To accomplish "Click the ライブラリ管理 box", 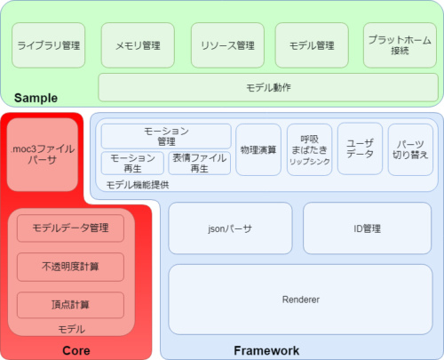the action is click(x=49, y=45).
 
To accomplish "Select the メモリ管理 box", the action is click(x=138, y=45).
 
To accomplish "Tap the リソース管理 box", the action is click(x=227, y=45).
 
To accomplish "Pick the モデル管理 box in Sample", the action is click(x=312, y=45).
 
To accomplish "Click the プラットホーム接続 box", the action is click(x=400, y=45).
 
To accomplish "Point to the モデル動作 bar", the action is click(x=268, y=87).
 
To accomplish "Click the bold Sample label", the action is click(x=36, y=98).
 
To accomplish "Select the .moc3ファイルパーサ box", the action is click(x=43, y=155).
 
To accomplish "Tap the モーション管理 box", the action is click(x=166, y=136).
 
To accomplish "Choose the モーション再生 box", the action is click(x=132, y=164).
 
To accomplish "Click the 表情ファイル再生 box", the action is click(x=200, y=164).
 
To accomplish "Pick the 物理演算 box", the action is click(x=258, y=149).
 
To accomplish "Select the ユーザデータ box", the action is click(x=360, y=148).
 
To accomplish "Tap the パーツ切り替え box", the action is click(x=410, y=149).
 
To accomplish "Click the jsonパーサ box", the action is click(x=230, y=228).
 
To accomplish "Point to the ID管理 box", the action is click(x=367, y=228).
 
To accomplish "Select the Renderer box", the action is click(x=300, y=300).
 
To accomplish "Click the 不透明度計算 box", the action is click(x=70, y=267).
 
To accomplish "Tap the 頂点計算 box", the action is click(x=70, y=305).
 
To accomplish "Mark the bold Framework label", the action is click(x=266, y=350).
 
